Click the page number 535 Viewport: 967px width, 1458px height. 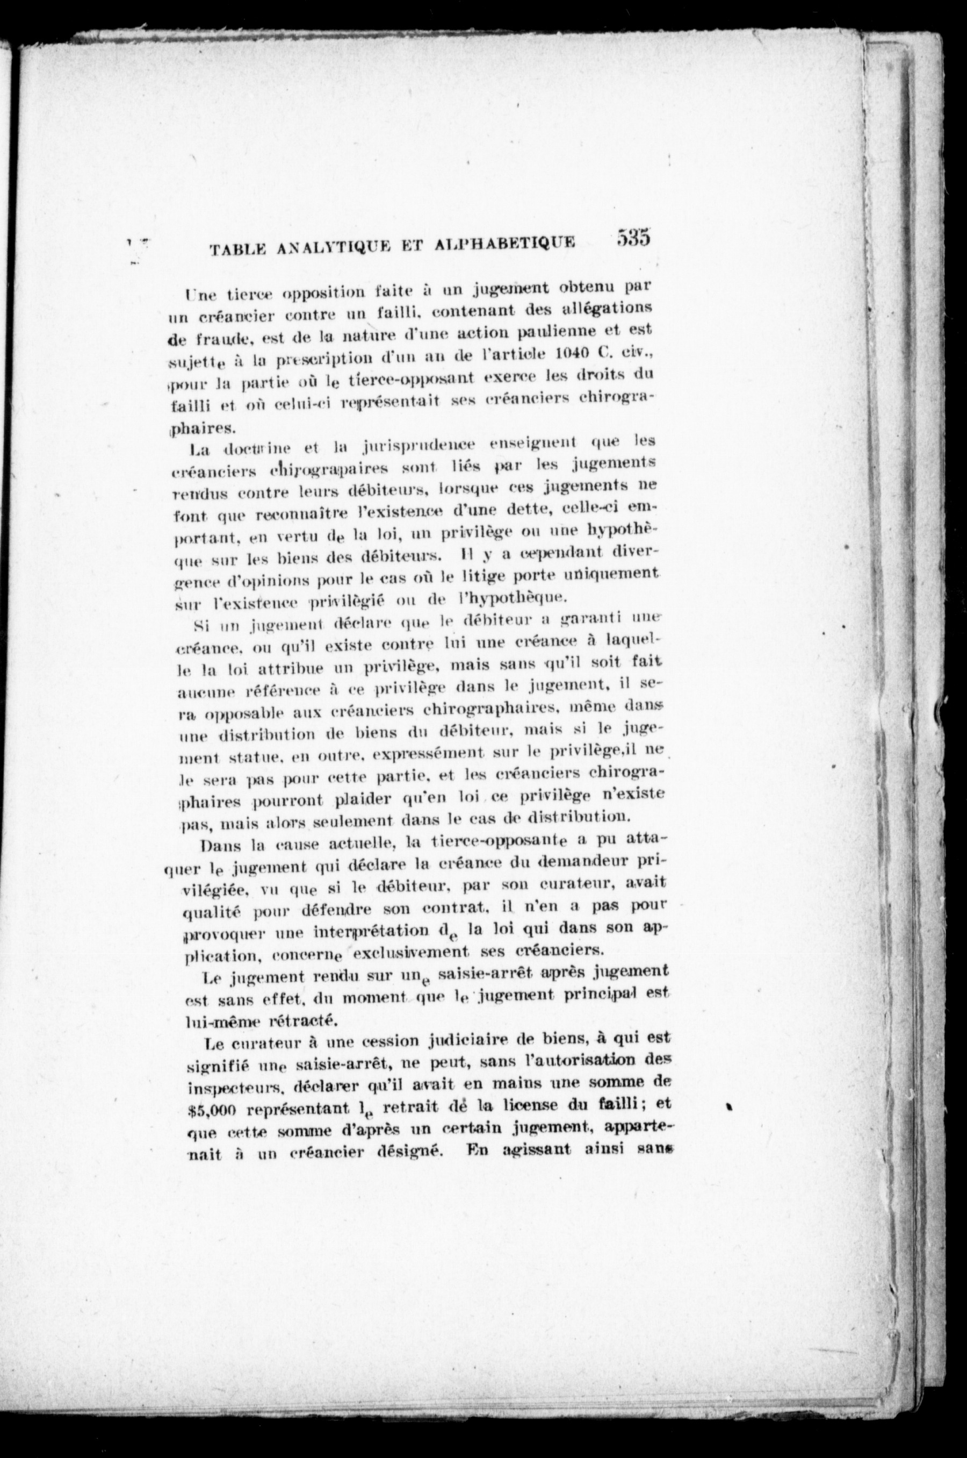click(633, 238)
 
